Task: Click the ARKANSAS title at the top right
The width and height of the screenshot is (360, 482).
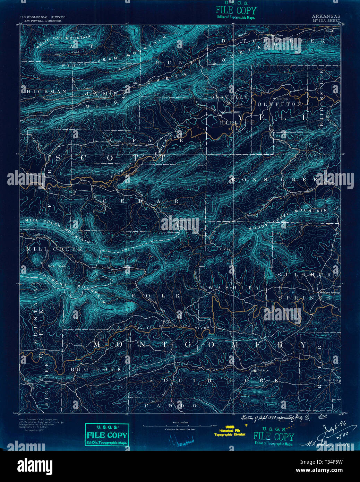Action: (326, 16)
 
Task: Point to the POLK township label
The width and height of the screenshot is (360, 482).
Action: (156, 295)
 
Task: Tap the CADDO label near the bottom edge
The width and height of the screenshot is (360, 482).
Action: (180, 405)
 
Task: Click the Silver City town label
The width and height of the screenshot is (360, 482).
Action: (331, 380)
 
